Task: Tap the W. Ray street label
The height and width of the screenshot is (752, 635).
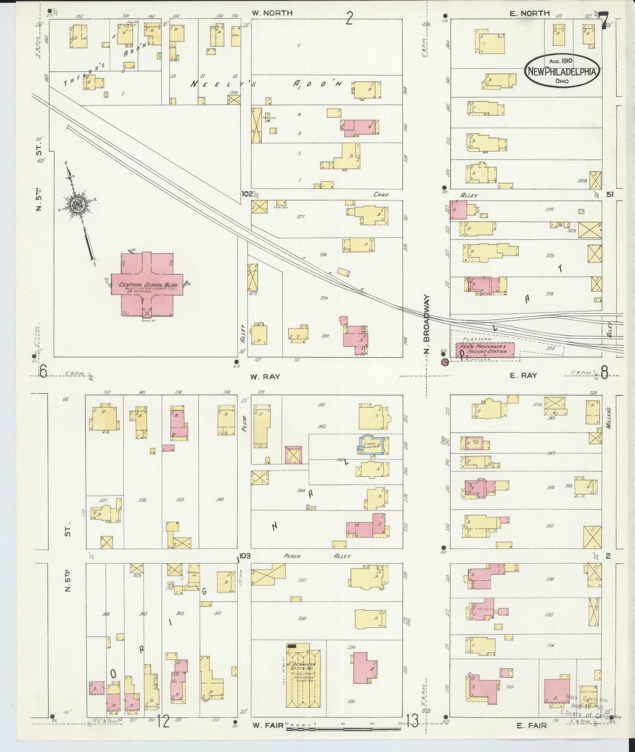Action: point(265,376)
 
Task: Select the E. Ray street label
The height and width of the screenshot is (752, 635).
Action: point(523,376)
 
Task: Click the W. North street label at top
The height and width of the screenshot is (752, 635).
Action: point(272,13)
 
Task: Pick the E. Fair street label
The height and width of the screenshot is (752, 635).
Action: point(532,726)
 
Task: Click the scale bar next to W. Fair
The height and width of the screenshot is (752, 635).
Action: point(343,729)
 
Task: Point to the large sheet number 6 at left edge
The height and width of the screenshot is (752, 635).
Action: point(43,372)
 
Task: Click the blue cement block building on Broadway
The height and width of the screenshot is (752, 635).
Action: point(372,445)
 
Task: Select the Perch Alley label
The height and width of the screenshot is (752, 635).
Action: point(317,556)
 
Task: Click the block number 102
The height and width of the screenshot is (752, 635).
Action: point(247,194)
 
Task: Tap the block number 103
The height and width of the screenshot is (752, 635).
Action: point(244,556)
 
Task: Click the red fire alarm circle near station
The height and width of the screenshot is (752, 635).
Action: point(444,362)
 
